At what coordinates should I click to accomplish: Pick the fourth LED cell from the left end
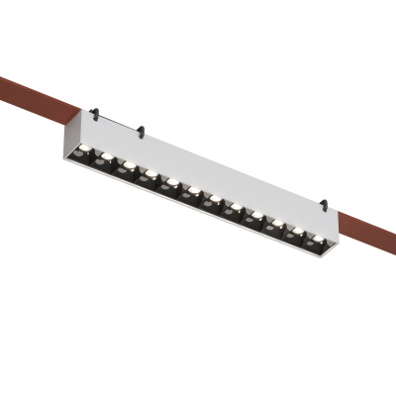(149, 176)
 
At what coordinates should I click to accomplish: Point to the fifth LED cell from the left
(170, 185)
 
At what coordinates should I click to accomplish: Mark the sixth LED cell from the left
(191, 193)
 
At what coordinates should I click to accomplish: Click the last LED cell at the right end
(316, 242)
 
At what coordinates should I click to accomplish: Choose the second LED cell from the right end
(295, 234)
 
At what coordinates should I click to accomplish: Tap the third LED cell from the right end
(274, 226)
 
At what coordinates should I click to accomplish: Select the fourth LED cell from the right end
(253, 218)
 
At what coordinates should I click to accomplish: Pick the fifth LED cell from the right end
(233, 210)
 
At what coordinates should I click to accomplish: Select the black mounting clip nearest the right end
(322, 206)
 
